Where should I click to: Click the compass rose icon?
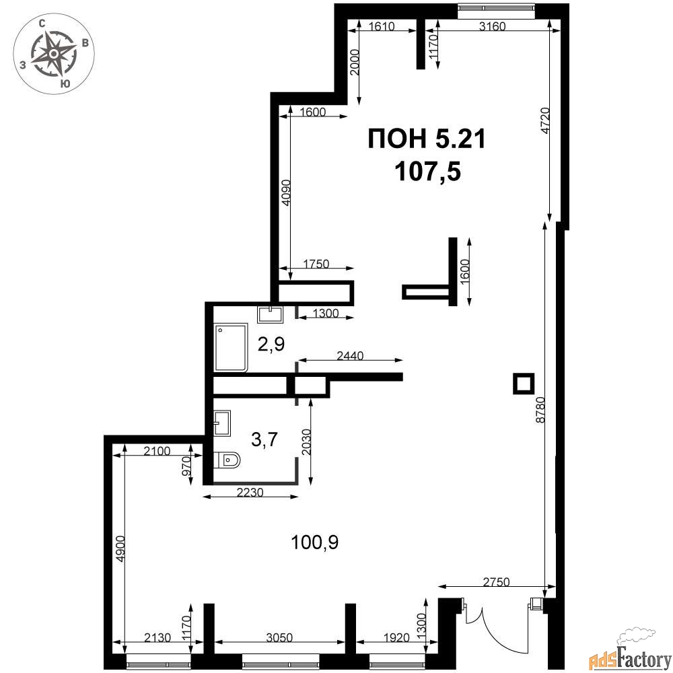(54, 54)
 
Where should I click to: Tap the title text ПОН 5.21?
(427, 139)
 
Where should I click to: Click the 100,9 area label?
(314, 542)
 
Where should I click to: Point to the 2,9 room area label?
(271, 344)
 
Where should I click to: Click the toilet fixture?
(227, 460)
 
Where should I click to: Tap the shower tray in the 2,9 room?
(231, 347)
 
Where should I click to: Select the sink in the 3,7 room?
(222, 423)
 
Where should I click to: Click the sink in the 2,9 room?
(270, 314)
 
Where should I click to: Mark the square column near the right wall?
(524, 384)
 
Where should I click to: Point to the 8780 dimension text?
(540, 410)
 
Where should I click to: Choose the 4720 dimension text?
(545, 120)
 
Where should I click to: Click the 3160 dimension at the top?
(493, 27)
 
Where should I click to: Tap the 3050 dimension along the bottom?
(279, 638)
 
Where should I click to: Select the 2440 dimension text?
(350, 356)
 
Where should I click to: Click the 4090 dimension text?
(286, 192)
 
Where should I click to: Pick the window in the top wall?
(496, 7)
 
